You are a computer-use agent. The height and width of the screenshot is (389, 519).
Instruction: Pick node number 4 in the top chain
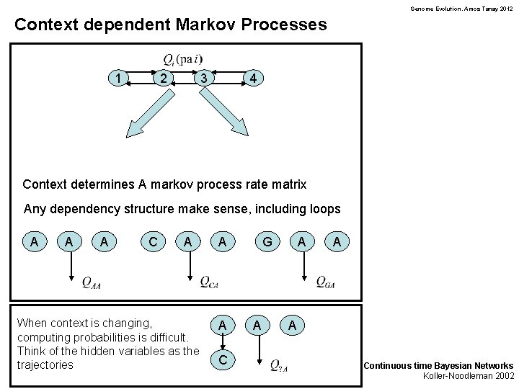pos(252,78)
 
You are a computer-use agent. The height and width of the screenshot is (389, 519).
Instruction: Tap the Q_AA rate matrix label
pos(91,282)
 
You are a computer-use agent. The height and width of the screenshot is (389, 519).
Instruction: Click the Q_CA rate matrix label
pos(209,282)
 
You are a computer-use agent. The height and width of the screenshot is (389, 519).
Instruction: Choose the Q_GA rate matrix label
pos(325,282)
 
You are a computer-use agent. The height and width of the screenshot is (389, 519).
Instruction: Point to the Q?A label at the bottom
pos(279,365)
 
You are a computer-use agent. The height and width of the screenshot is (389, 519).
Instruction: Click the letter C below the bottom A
pos(223,358)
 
